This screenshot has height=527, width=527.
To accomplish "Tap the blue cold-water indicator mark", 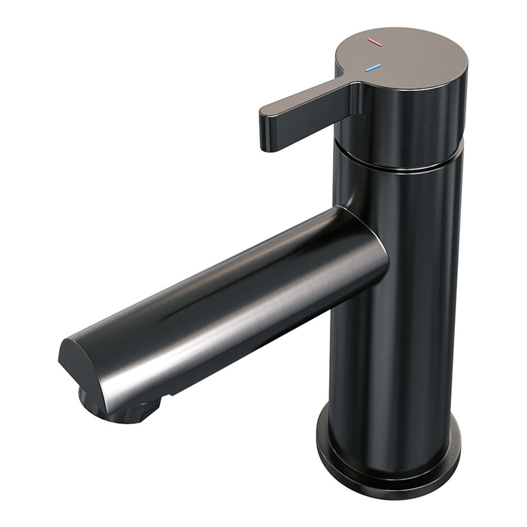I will tap(372, 69).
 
